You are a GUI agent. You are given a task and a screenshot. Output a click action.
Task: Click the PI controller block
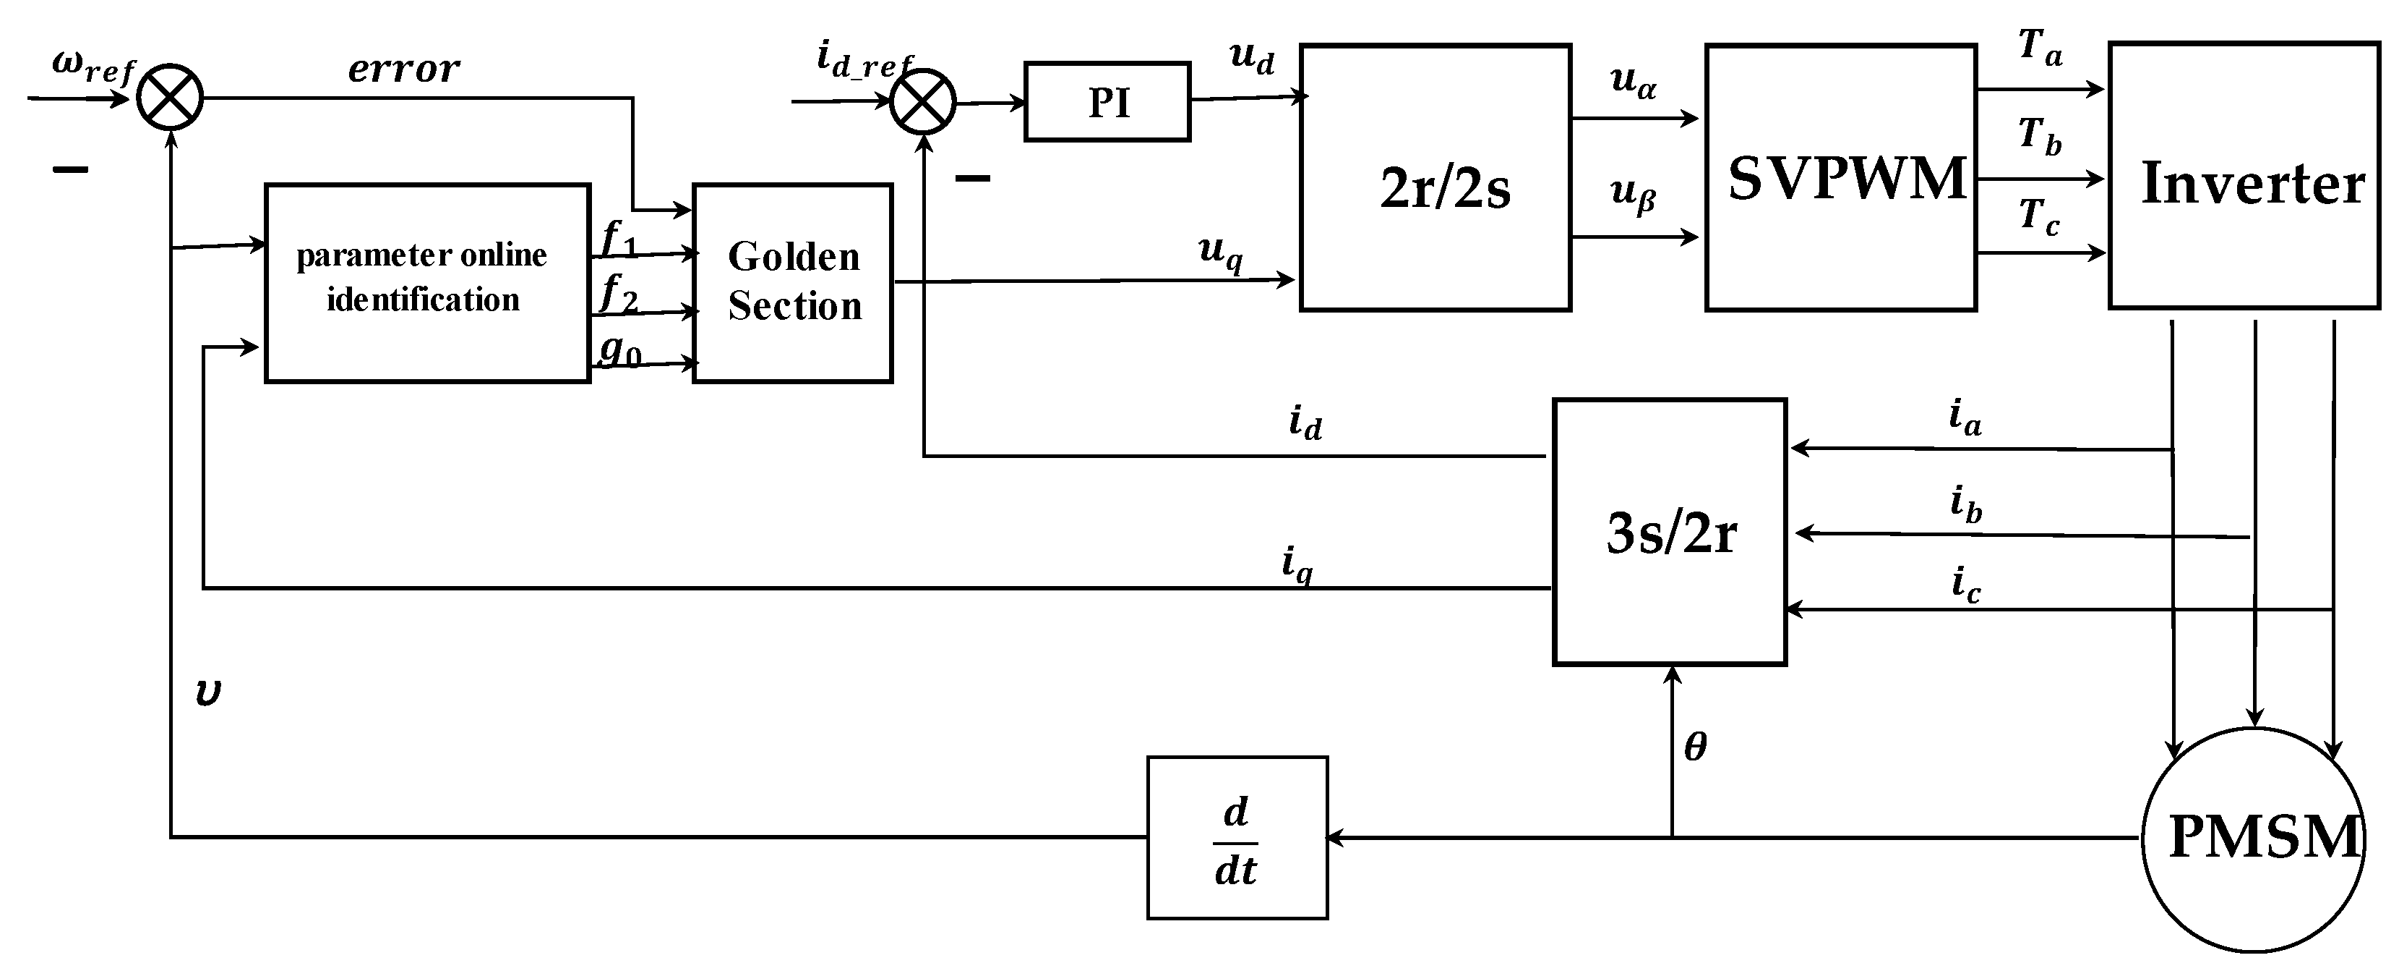pos(1107,101)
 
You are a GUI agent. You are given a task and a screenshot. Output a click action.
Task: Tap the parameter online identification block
pos(427,282)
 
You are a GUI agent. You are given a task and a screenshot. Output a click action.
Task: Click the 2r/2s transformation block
pos(1435,177)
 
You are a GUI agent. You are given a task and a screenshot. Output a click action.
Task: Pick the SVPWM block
pos(1840,177)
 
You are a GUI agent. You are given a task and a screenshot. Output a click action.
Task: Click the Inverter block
pos(2244,175)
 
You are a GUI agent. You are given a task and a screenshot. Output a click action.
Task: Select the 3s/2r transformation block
pos(1669,532)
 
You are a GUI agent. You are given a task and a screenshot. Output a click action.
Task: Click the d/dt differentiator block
pos(1237,838)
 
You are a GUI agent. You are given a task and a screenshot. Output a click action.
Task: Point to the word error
pos(403,68)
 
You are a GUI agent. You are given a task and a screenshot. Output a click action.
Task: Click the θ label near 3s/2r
pos(1695,747)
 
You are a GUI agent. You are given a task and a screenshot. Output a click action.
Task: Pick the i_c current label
pos(1966,585)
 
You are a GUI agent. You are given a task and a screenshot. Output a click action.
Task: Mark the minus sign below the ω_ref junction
pos(71,169)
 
